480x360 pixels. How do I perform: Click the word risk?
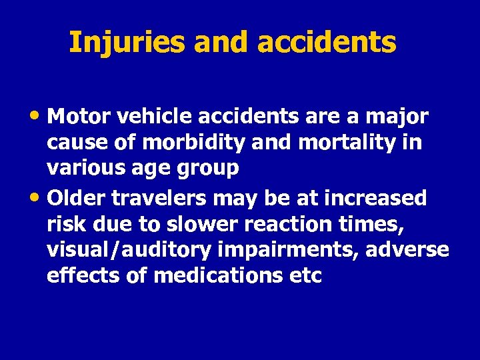tap(64, 224)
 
